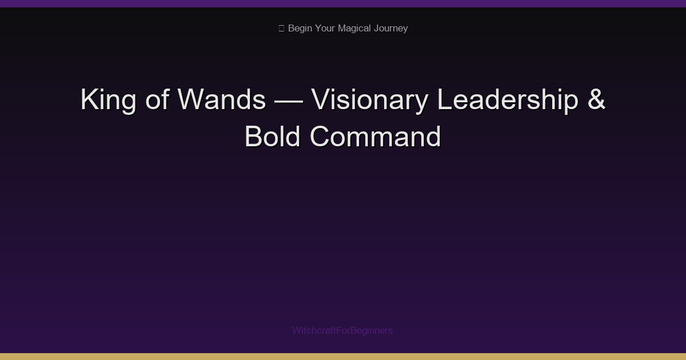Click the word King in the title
109,101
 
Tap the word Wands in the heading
222,100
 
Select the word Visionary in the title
369,101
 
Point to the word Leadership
508,101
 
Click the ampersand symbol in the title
596,100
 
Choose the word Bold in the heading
273,137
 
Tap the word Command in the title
376,137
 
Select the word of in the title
157,100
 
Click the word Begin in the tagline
301,29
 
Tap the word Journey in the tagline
391,29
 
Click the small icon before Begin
281,29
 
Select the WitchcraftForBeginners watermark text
342,330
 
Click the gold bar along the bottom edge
343,357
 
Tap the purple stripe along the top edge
343,3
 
